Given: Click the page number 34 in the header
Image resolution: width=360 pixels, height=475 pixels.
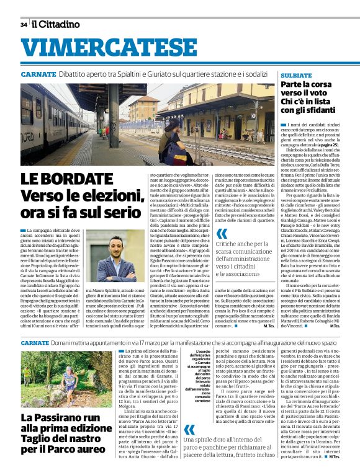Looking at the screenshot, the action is pyautogui.click(x=23, y=24).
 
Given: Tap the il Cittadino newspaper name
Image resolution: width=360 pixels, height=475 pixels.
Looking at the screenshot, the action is pyautogui.click(x=56, y=24).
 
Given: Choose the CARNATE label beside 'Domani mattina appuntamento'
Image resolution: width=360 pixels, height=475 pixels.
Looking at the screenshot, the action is pyautogui.click(x=34, y=343).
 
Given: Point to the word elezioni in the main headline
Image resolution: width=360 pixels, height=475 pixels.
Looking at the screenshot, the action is pyautogui.click(x=92, y=197).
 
